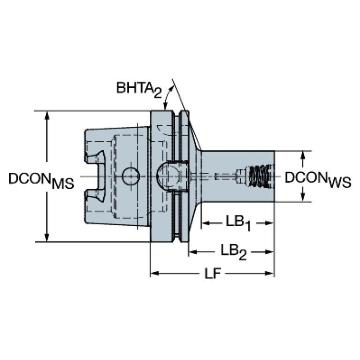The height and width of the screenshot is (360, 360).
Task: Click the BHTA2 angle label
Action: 139,89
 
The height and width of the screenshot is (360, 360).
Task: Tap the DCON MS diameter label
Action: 41,180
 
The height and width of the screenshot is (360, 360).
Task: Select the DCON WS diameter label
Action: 318,180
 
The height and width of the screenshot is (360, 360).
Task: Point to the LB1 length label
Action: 238,223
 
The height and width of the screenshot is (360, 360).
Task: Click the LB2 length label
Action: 233,252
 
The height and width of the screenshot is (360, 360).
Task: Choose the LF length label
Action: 212,274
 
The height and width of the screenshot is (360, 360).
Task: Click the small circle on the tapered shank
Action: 130,176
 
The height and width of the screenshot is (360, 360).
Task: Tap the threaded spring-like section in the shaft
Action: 260,176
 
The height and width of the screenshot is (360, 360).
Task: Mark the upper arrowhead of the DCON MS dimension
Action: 47,115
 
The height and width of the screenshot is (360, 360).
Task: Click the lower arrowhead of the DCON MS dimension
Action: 47,237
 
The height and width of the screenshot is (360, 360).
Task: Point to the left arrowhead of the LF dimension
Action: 154,274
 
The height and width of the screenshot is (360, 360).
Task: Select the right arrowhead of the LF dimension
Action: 270,274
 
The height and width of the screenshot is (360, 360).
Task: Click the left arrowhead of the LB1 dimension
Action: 206,223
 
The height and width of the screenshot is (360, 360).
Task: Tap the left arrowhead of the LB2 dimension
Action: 192,252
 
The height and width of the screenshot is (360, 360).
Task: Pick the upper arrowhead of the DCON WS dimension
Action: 303,156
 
